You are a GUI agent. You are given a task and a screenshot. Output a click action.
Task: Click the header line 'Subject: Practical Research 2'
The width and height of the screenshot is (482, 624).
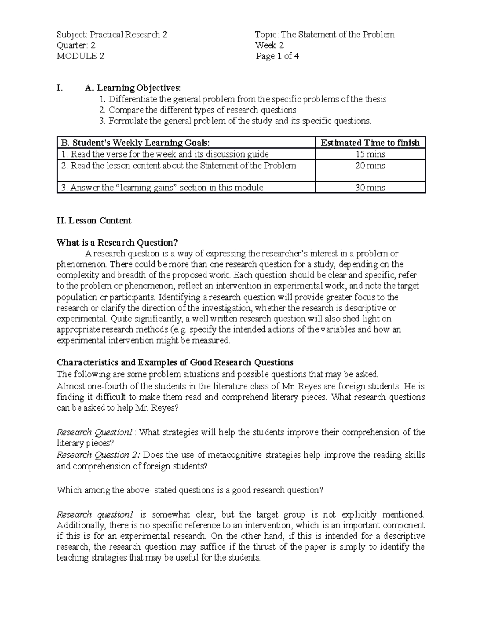(x=112, y=35)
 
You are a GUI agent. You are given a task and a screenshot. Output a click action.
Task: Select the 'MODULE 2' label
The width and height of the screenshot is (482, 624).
(x=80, y=56)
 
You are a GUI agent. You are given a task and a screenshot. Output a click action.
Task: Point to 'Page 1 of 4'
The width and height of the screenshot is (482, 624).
(x=278, y=56)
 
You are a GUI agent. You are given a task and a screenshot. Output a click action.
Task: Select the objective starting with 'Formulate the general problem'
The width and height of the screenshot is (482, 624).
(x=240, y=121)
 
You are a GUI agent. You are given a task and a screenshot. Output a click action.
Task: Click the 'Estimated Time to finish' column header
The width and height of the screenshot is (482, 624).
(x=370, y=143)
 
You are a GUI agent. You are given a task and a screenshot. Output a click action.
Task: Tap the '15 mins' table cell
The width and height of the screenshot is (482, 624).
(x=370, y=154)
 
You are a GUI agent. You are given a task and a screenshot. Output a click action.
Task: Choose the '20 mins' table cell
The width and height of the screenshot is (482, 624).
(x=370, y=166)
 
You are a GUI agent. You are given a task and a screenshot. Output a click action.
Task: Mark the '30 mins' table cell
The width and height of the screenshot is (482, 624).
(x=370, y=188)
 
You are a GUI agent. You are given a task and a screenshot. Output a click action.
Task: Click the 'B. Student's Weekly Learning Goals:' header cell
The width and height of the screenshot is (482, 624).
(x=135, y=143)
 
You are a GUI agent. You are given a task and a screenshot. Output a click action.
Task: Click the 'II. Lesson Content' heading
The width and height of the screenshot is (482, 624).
(x=94, y=221)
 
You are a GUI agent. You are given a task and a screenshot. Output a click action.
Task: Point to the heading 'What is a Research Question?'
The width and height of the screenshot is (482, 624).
(x=117, y=243)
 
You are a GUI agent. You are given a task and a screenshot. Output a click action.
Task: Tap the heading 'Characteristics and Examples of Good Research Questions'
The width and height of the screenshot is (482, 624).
(x=175, y=362)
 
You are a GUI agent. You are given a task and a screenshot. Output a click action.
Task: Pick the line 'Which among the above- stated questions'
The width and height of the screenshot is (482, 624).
(x=190, y=490)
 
